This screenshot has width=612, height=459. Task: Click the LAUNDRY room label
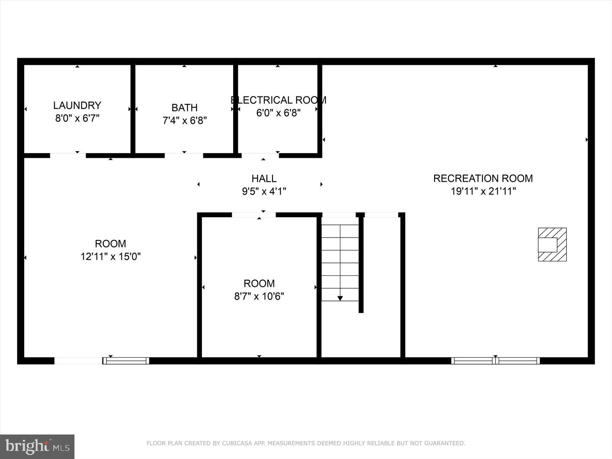[77, 105]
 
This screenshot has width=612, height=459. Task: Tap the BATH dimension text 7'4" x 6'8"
[185, 120]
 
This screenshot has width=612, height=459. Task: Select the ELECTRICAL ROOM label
[278, 100]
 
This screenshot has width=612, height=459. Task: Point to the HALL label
[264, 178]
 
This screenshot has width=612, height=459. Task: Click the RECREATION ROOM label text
[483, 178]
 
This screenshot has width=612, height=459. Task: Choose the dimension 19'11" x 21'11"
[483, 191]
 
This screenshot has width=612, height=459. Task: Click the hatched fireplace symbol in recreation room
[552, 244]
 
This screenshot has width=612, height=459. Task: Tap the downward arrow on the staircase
[340, 298]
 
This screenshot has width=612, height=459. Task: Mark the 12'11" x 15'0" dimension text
[111, 256]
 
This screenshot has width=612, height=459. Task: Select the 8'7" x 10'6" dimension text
[259, 296]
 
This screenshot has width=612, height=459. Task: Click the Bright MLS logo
[37, 446]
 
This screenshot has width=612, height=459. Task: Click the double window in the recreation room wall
[495, 361]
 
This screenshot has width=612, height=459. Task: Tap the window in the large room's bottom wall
[126, 361]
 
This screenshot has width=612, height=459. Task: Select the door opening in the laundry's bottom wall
[68, 156]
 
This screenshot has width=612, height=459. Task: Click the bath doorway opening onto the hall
[184, 156]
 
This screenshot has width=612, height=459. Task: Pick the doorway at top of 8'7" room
[254, 215]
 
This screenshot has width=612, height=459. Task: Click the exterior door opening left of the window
[78, 361]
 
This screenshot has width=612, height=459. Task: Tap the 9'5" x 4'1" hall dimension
[264, 191]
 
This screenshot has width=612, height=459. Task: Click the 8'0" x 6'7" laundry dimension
[77, 118]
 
